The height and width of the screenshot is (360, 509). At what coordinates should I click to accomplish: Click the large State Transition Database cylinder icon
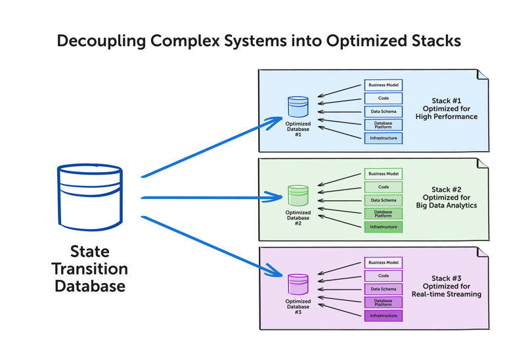pos(89,198)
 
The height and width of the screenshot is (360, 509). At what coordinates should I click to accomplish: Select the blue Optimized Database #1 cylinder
pos(298,108)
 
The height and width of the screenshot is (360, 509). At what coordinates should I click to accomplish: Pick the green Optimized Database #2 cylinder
pos(298,196)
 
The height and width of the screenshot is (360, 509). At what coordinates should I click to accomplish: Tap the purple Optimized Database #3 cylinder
pos(298,285)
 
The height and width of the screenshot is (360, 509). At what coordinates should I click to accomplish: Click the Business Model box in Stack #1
pos(384,85)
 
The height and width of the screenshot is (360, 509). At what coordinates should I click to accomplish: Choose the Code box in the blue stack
pos(384,99)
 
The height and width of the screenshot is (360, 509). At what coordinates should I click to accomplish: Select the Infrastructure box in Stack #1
pos(384,138)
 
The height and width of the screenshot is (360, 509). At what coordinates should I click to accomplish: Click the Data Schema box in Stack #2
pos(384,200)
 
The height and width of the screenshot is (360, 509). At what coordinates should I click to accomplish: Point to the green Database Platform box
pos(384,214)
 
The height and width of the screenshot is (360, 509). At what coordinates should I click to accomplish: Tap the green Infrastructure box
pos(384,227)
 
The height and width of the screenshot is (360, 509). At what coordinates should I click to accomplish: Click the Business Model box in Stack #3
pos(384,263)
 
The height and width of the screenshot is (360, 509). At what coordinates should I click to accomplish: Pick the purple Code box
pos(384,276)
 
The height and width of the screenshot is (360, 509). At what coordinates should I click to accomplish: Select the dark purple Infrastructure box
pos(384,315)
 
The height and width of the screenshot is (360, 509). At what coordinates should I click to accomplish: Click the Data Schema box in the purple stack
pos(384,289)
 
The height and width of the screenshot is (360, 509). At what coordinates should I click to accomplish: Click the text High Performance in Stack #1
pos(447,117)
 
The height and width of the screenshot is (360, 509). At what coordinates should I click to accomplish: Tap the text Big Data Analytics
pos(447,206)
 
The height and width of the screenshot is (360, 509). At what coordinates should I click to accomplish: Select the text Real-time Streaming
pos(447,294)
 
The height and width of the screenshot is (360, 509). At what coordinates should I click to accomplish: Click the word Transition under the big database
pos(90,269)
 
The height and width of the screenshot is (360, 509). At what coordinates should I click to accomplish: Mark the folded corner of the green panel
pos(483,163)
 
